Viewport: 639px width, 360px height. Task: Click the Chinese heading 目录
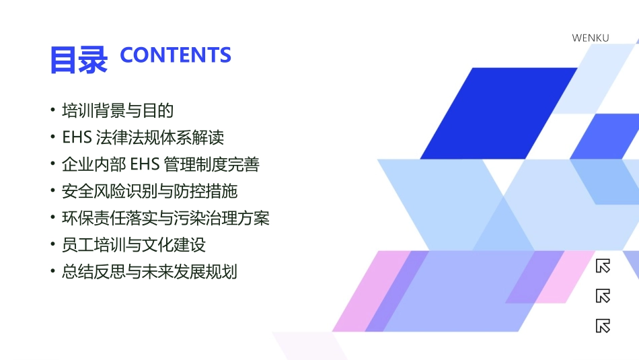(78, 59)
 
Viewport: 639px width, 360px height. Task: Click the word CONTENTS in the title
(176, 55)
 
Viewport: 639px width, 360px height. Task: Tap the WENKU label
(590, 38)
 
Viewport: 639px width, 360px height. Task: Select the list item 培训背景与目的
(117, 110)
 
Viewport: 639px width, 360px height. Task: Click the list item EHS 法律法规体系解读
(143, 137)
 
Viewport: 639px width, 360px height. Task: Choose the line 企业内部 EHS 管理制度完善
(160, 164)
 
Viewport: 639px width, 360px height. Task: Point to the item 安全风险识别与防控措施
(149, 191)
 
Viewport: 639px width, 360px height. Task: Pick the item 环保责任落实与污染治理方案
(165, 218)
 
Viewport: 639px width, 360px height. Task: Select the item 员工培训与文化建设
(133, 245)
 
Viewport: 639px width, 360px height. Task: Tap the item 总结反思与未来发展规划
(149, 272)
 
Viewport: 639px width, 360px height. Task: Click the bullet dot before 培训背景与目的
(53, 110)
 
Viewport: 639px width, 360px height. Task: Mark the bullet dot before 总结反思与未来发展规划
(53, 271)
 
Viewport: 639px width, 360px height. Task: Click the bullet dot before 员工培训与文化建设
(53, 244)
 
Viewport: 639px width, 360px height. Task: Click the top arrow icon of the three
(603, 266)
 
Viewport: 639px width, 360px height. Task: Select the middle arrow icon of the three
(603, 296)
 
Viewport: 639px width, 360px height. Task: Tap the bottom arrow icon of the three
(603, 326)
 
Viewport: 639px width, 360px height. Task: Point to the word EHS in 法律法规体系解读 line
(76, 137)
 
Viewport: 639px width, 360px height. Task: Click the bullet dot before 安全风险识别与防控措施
(53, 190)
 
